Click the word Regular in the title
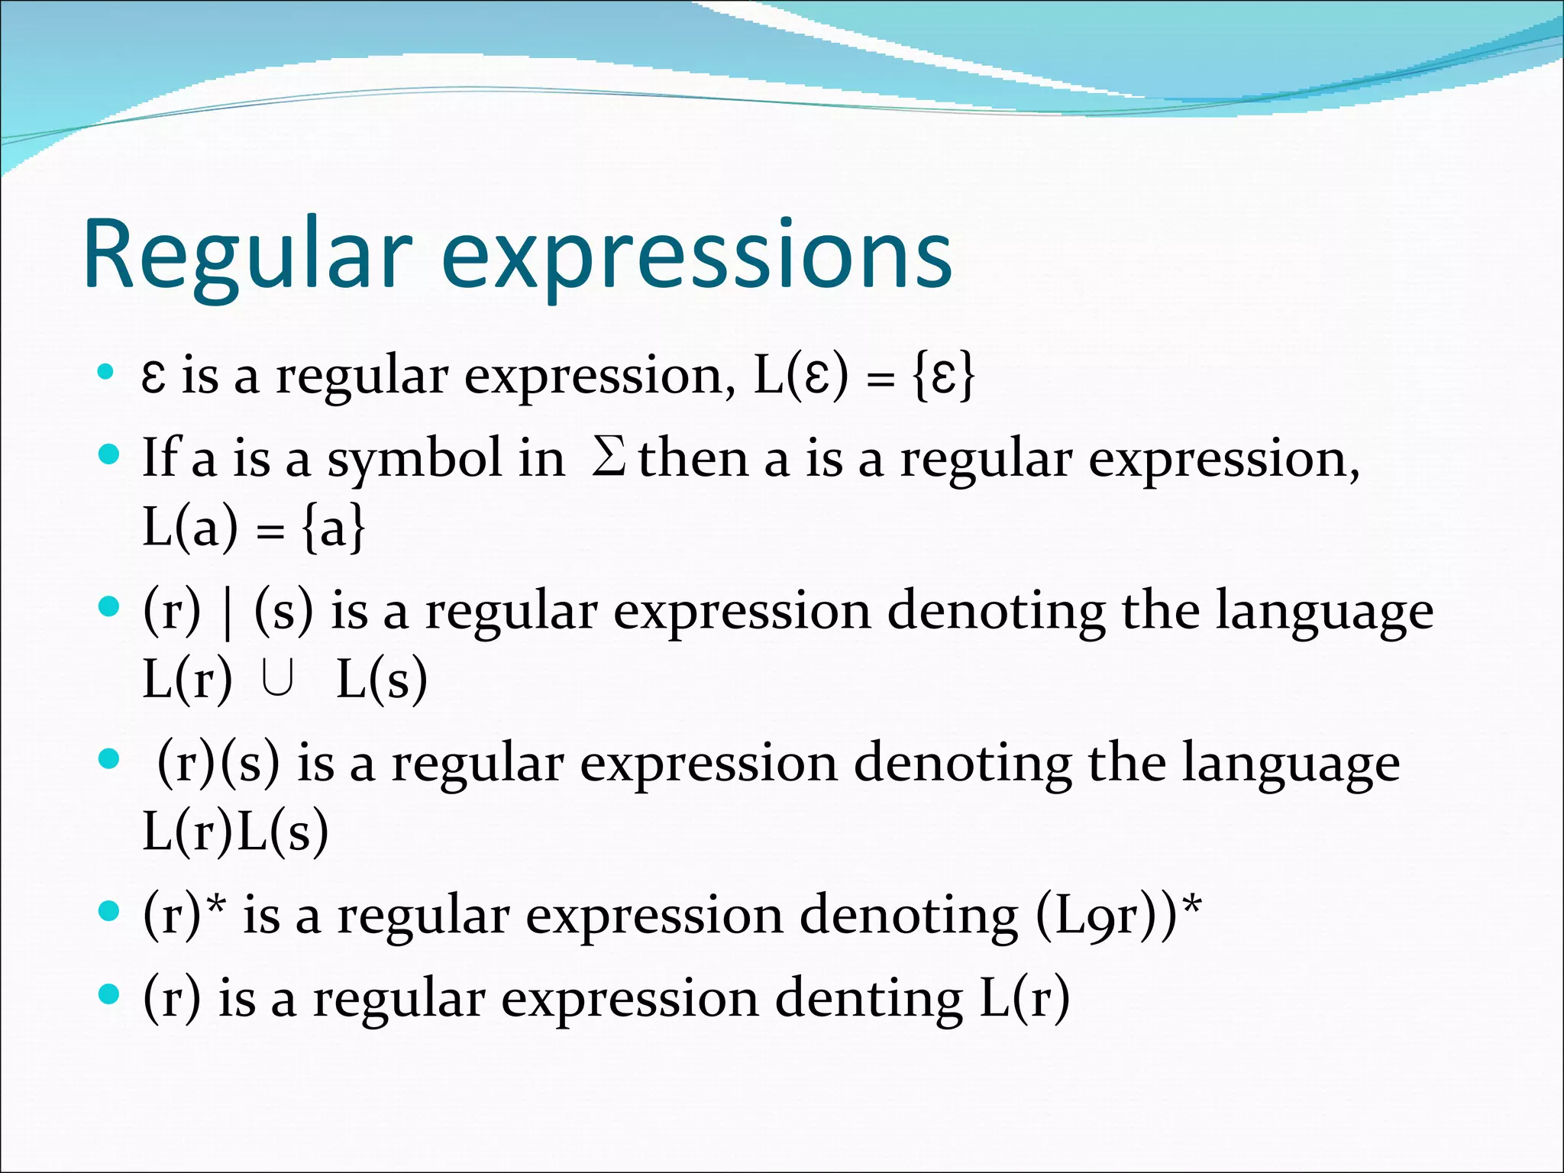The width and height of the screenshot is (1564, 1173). [248, 256]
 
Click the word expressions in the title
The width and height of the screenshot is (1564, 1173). [696, 256]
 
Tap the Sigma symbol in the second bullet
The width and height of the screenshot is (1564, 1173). [609, 458]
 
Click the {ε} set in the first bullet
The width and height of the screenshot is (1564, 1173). [943, 376]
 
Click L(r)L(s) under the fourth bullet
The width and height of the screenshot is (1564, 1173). [235, 831]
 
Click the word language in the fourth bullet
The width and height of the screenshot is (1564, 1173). [1291, 764]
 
